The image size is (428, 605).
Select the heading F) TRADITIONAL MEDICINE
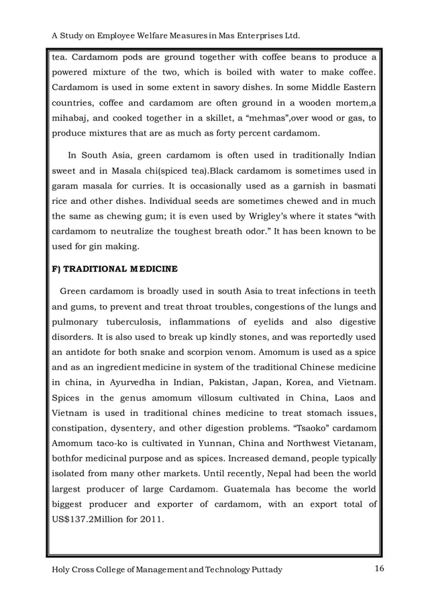pyautogui.click(x=115, y=270)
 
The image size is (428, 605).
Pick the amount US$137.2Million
pyautogui.click(x=92, y=520)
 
